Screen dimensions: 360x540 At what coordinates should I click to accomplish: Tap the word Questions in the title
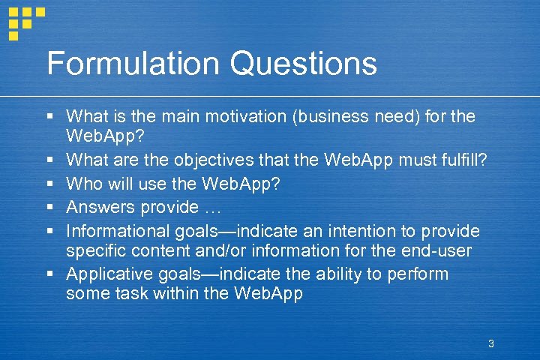click(x=304, y=64)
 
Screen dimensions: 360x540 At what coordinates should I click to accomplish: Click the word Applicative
click(x=106, y=274)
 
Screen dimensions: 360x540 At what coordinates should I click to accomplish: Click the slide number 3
click(x=490, y=343)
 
